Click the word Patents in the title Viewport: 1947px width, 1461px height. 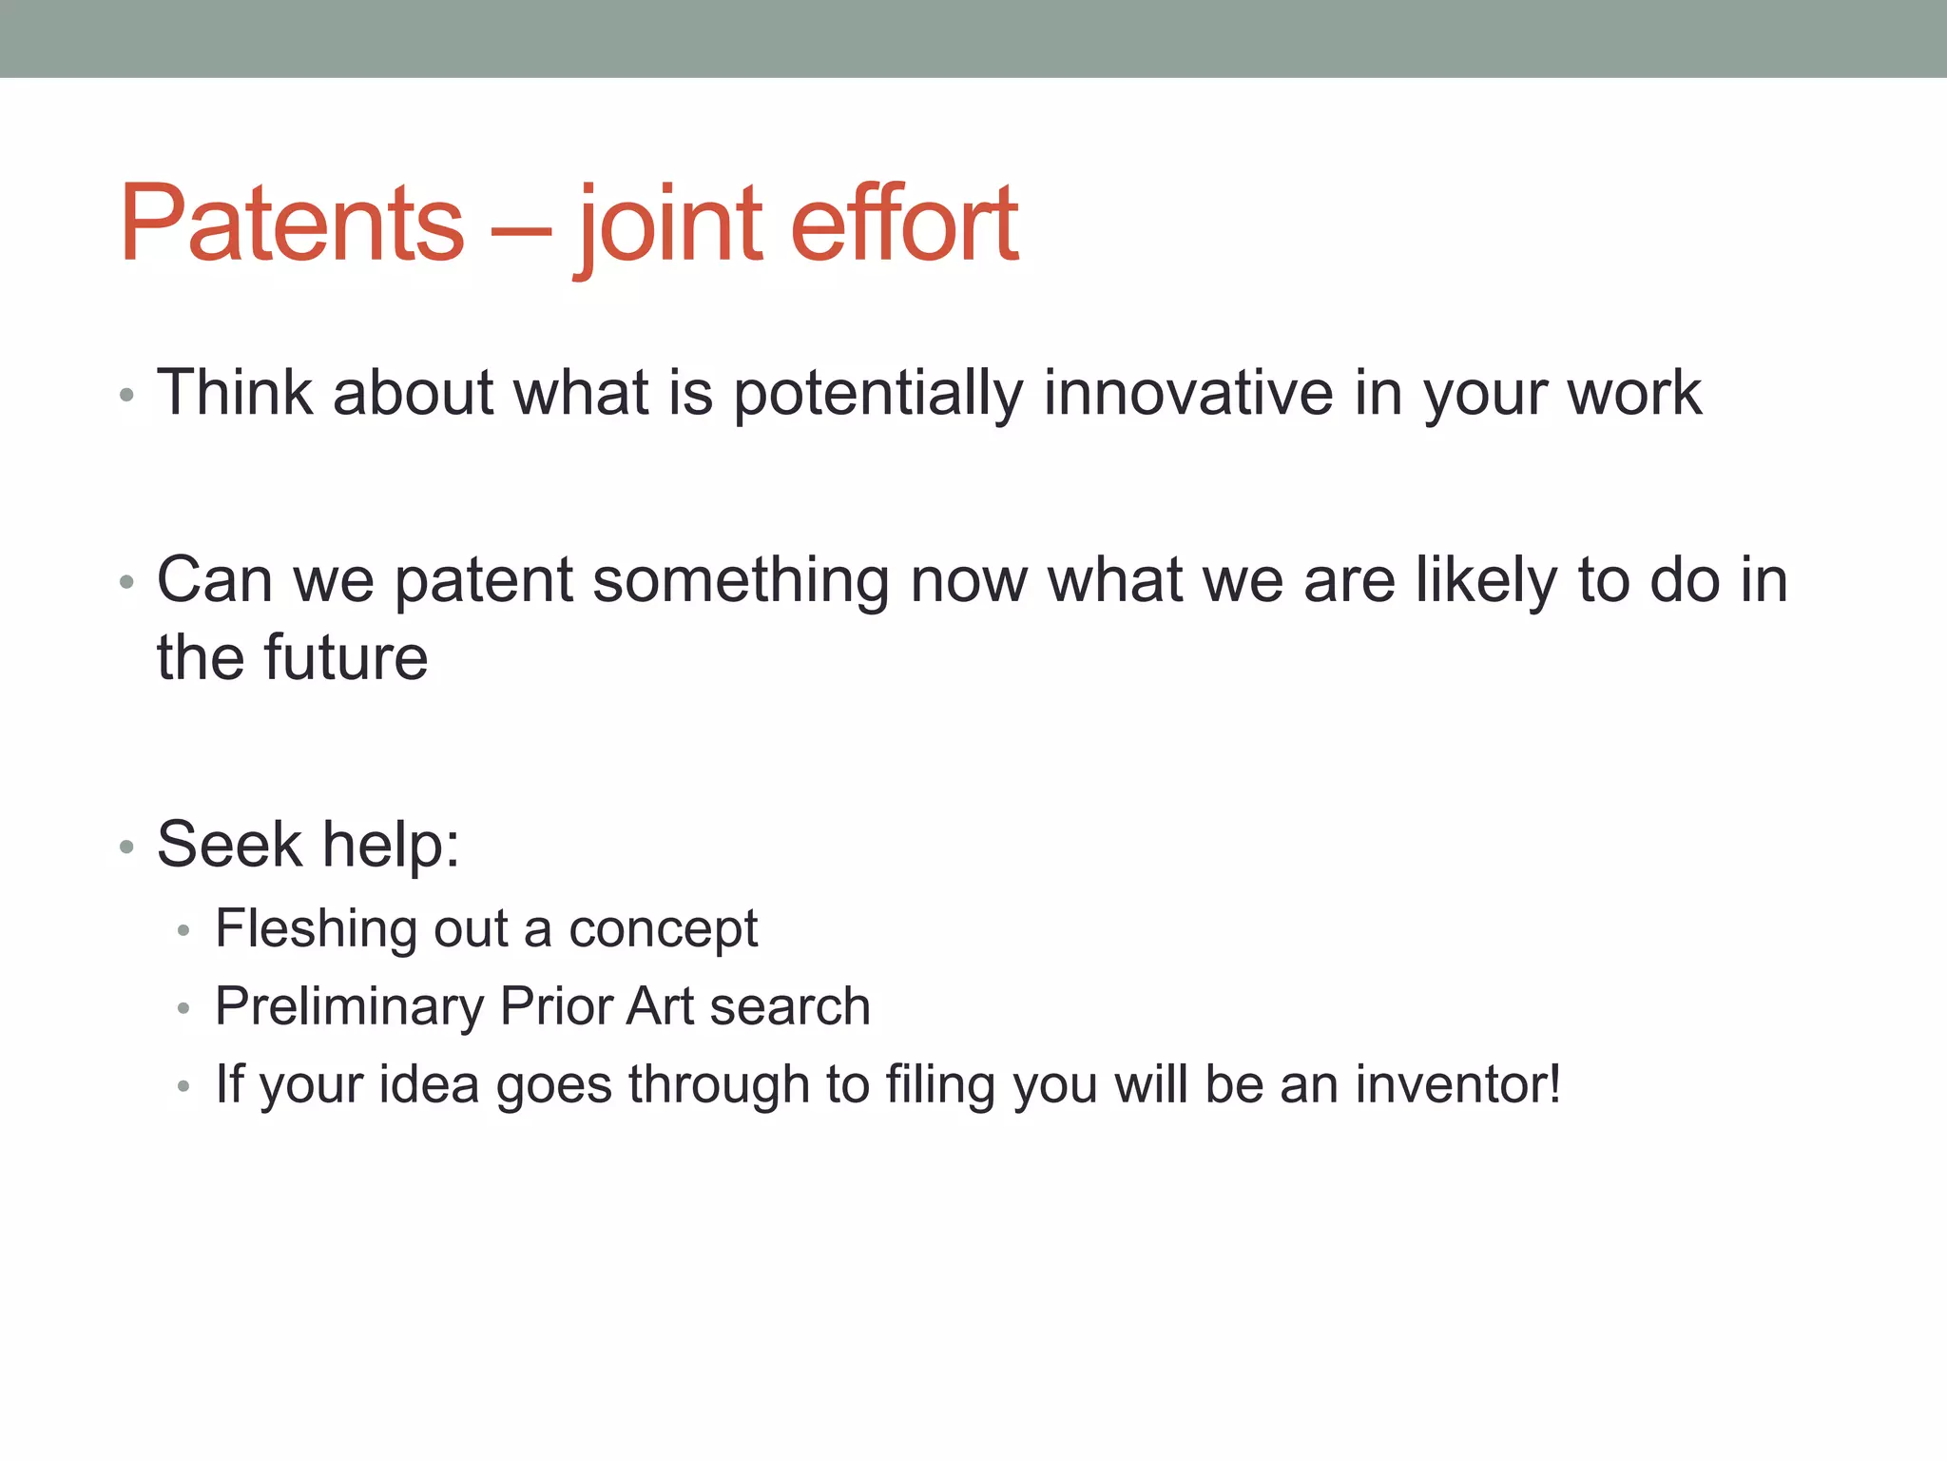click(x=292, y=224)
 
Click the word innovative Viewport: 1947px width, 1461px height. click(x=1188, y=392)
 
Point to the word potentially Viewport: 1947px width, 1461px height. click(x=878, y=394)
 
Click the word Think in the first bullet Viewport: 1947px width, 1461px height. click(x=235, y=392)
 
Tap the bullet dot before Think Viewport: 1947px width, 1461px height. click(x=127, y=396)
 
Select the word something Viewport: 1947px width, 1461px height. click(x=741, y=580)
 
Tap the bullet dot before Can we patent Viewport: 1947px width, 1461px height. click(x=127, y=582)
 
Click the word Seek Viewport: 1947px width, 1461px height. click(x=229, y=844)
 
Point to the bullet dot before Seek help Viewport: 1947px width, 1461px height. click(x=127, y=847)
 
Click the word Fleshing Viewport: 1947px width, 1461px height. click(x=316, y=928)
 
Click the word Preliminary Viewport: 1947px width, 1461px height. click(x=349, y=1006)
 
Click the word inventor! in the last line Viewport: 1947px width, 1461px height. click(x=1457, y=1084)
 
